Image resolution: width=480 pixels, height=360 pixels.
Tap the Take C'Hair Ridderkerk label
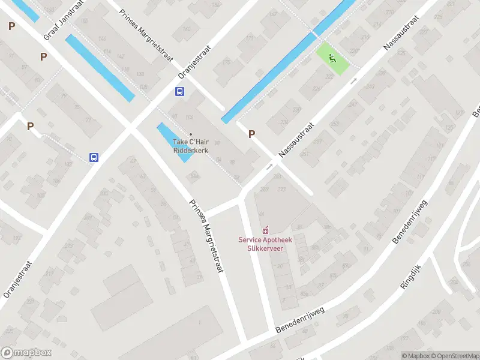(x=191, y=146)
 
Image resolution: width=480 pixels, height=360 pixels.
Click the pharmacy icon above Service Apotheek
(x=265, y=230)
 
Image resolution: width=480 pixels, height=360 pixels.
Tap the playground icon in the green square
(x=332, y=58)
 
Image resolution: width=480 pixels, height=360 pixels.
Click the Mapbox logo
(x=26, y=353)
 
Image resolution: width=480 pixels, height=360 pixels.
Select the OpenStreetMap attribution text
(x=454, y=356)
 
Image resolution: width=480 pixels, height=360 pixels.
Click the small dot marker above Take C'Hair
(x=191, y=134)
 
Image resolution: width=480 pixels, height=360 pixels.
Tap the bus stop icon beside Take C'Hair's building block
(x=179, y=92)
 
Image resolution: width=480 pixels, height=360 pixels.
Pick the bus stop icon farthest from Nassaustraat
(x=94, y=157)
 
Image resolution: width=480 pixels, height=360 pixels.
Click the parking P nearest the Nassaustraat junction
(x=252, y=134)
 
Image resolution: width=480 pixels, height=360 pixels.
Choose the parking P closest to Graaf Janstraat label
(x=43, y=56)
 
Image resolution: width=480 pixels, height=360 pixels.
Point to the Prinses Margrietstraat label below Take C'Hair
(x=206, y=236)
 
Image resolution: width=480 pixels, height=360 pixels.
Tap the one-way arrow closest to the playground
(x=353, y=80)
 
